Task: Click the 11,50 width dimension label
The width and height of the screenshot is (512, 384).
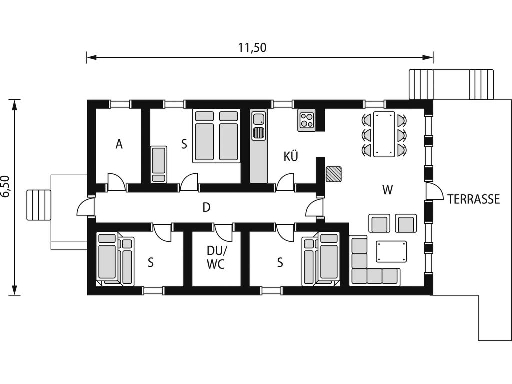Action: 252,48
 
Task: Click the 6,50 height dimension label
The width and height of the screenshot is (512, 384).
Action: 6,186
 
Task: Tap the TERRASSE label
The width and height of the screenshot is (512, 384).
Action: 474,199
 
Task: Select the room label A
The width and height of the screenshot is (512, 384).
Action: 119,144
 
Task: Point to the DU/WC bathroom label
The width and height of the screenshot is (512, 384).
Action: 216,257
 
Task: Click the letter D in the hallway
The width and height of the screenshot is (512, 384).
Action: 206,207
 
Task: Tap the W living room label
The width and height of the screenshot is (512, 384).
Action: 387,189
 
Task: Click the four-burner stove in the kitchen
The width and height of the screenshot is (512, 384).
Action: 306,120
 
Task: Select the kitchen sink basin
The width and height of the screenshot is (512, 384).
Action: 259,119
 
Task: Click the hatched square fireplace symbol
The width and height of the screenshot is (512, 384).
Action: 333,174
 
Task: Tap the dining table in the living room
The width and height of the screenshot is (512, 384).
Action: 384,134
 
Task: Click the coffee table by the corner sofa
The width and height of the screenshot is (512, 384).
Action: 391,252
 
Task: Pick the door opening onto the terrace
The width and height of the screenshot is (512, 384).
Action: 433,191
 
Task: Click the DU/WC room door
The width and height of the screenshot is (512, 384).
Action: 223,233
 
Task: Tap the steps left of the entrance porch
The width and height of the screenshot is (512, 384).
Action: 39,205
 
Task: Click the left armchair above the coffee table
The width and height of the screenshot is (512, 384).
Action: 379,223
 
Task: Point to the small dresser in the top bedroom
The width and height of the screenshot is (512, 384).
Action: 159,164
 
